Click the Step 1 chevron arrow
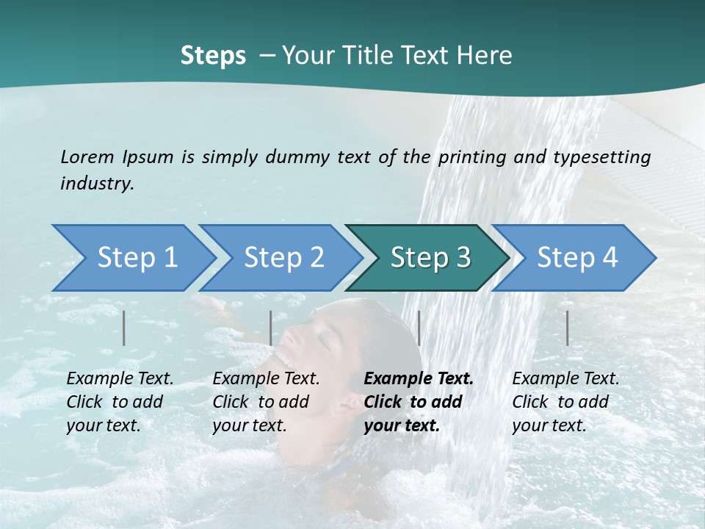(x=137, y=258)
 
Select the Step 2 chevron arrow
(x=283, y=258)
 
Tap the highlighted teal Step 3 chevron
(x=430, y=258)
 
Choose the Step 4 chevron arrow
(x=576, y=258)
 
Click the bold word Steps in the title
(x=213, y=56)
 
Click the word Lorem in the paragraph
(x=87, y=156)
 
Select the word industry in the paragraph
(x=97, y=183)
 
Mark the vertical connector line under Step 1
(x=124, y=328)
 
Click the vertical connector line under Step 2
(x=271, y=328)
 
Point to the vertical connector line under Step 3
(x=419, y=328)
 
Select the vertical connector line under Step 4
(x=567, y=328)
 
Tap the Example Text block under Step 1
(x=120, y=402)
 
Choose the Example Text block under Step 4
(x=565, y=402)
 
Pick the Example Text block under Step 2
(x=266, y=402)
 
